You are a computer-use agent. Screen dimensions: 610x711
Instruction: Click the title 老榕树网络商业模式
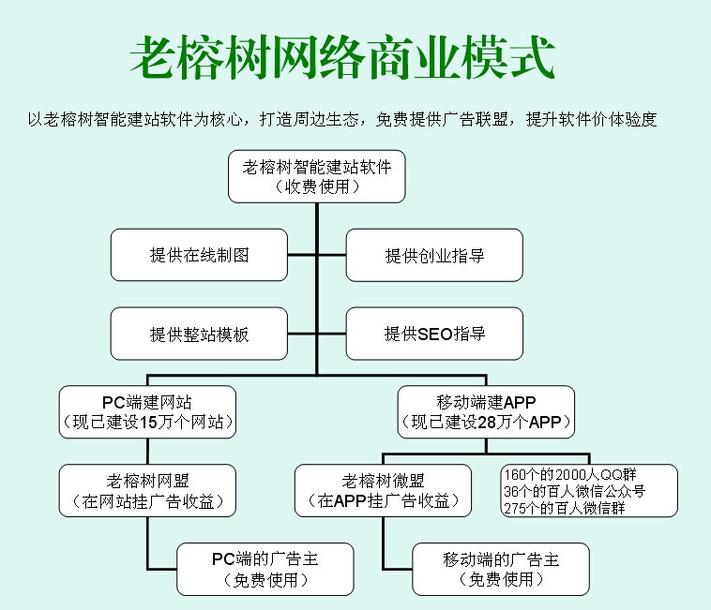(341, 58)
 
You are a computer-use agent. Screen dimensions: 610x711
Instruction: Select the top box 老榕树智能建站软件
(316, 176)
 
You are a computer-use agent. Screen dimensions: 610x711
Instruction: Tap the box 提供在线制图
(199, 255)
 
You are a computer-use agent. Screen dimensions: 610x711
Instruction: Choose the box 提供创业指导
(434, 255)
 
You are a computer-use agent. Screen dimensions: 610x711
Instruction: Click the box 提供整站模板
(199, 334)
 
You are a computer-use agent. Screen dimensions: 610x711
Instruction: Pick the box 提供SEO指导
(434, 334)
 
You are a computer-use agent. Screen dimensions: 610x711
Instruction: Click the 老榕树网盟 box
(147, 490)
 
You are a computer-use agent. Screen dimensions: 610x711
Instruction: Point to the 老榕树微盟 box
(383, 490)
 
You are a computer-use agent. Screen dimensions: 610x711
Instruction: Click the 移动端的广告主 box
(501, 569)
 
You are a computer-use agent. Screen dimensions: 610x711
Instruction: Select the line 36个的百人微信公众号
(575, 490)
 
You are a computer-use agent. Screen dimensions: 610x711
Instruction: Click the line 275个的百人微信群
(564, 508)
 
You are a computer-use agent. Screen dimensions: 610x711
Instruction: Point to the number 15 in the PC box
(148, 423)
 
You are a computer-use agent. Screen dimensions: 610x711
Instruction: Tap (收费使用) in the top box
(316, 186)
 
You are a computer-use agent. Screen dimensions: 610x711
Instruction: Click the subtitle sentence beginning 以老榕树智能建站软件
(341, 120)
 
